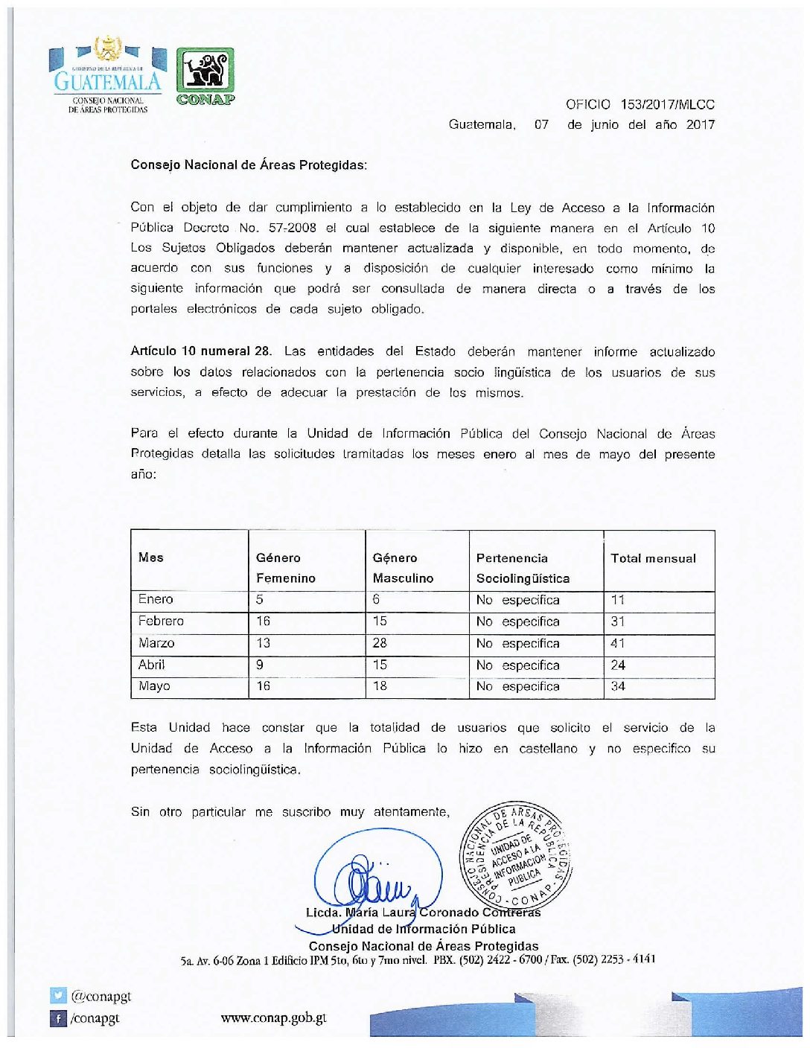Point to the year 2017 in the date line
(x=700, y=125)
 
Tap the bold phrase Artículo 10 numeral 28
(x=201, y=351)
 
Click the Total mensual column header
(x=653, y=558)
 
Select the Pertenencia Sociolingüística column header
(x=523, y=568)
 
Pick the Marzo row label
(x=156, y=643)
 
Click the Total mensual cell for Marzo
(x=618, y=643)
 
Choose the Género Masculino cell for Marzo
(x=380, y=643)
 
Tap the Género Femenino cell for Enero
(x=260, y=599)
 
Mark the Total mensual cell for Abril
(x=618, y=665)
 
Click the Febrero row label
(x=161, y=621)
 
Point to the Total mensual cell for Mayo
(x=618, y=686)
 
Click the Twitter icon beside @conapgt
(x=58, y=996)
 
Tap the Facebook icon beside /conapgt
(x=58, y=1017)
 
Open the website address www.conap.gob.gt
(x=273, y=1017)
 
